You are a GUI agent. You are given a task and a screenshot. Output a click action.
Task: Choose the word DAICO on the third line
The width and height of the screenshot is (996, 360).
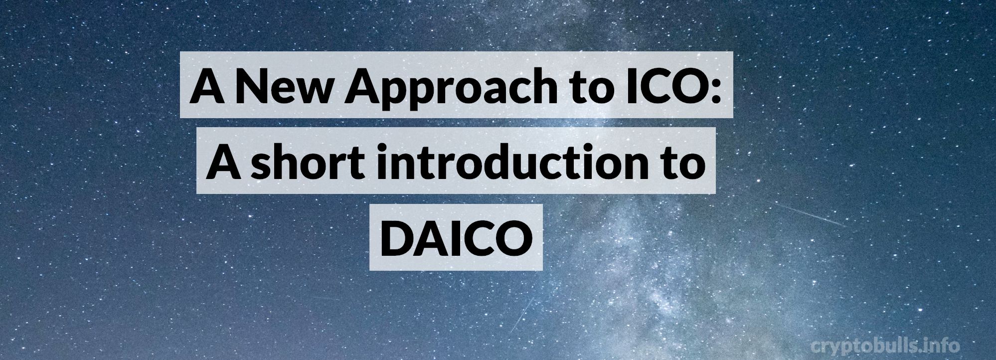(455, 237)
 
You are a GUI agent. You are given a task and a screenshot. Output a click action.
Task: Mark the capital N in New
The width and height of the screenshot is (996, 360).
(252, 86)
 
